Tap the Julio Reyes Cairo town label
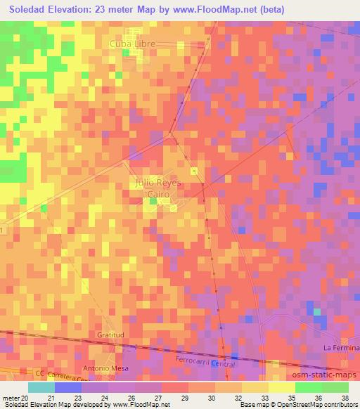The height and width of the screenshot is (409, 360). click(157, 188)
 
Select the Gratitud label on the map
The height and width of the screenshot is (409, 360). click(111, 335)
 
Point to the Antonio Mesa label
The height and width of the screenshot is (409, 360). click(103, 368)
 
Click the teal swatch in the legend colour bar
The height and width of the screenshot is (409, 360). click(41, 387)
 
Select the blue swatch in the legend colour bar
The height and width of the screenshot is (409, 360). click(68, 387)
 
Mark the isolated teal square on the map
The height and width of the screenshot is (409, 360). click(317, 311)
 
